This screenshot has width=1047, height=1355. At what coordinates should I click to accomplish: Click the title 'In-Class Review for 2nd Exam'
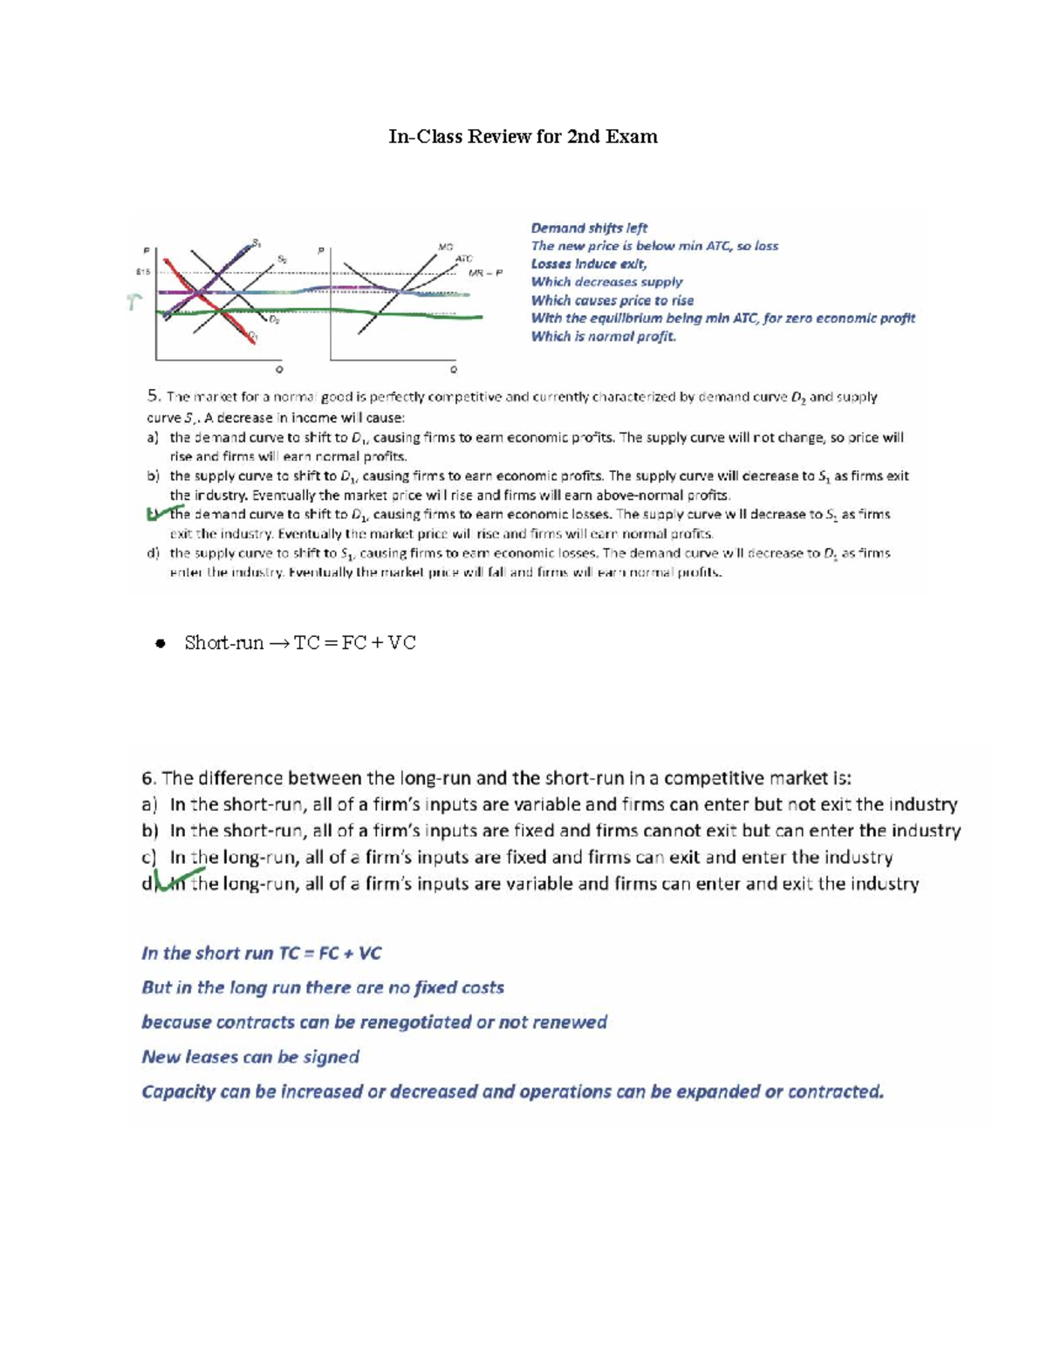[x=523, y=137]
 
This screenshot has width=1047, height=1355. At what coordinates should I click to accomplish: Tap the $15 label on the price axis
[x=143, y=271]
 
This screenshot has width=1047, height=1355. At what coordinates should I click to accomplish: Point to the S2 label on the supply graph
[x=282, y=259]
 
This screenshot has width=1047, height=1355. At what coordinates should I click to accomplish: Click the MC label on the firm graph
[x=446, y=247]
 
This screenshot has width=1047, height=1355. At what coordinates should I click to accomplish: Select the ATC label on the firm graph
[x=463, y=259]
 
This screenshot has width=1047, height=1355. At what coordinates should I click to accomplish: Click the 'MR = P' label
[x=485, y=272]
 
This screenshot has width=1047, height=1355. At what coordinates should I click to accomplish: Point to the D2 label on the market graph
[x=274, y=320]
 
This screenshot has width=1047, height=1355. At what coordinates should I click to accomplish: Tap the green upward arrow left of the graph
[x=133, y=302]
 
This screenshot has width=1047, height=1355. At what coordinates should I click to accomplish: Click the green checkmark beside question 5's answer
[x=163, y=513]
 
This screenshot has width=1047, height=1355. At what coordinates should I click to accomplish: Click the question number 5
[x=154, y=396]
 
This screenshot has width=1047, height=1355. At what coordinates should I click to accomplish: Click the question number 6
[x=148, y=777]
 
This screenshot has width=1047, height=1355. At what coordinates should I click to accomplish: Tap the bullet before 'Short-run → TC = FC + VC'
[x=160, y=644]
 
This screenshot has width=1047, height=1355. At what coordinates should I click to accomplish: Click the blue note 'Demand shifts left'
[x=589, y=228]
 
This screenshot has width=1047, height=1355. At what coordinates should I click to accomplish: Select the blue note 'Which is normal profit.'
[x=603, y=337]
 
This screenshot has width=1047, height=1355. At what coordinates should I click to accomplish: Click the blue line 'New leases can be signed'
[x=250, y=1057]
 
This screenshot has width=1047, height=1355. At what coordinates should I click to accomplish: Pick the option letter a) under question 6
[x=149, y=804]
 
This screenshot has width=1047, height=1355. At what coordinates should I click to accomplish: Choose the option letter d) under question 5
[x=153, y=553]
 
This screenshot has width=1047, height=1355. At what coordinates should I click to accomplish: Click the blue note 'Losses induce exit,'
[x=589, y=263]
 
